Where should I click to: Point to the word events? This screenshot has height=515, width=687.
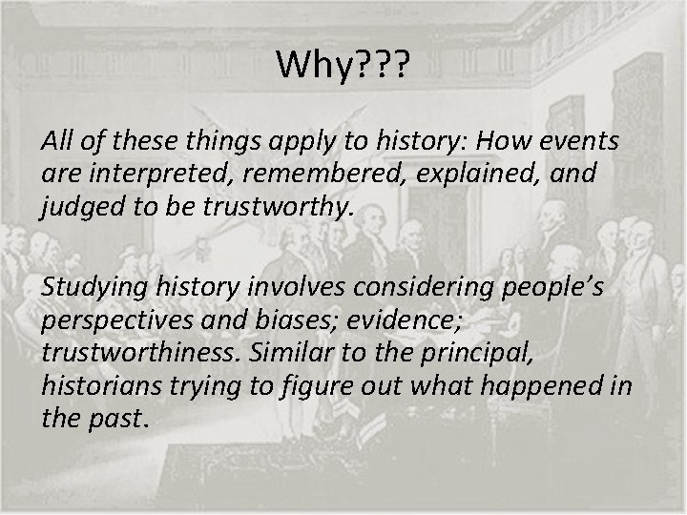coord(577,142)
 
